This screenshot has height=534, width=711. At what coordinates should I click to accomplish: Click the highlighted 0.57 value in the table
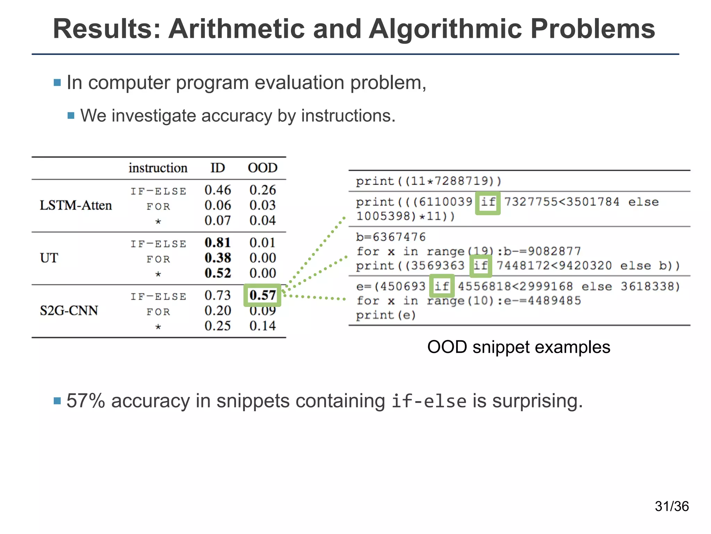click(x=262, y=295)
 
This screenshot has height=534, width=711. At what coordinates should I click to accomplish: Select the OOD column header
click(x=262, y=168)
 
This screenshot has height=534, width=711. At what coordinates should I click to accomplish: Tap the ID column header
click(x=218, y=168)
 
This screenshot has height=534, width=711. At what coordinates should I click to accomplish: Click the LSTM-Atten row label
click(x=76, y=205)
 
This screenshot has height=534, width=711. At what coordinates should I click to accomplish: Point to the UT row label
click(x=49, y=258)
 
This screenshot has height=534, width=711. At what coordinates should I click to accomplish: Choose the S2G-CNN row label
click(x=69, y=310)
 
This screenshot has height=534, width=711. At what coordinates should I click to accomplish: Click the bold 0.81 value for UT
click(x=218, y=243)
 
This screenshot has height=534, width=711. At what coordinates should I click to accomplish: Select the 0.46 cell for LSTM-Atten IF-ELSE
click(x=218, y=190)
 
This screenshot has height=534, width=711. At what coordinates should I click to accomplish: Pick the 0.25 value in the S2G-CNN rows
click(x=218, y=326)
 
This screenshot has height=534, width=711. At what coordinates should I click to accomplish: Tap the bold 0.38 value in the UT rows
click(x=218, y=258)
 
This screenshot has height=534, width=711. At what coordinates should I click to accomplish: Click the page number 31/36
click(x=672, y=507)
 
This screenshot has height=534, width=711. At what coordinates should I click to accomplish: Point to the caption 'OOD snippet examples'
click(x=519, y=347)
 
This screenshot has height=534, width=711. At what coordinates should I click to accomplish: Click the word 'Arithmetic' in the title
click(x=236, y=29)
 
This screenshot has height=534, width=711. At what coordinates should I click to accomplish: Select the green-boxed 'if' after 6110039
click(x=488, y=202)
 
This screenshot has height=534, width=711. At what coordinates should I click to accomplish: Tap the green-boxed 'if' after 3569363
click(x=481, y=266)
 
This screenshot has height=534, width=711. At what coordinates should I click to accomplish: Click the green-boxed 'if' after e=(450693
click(x=442, y=286)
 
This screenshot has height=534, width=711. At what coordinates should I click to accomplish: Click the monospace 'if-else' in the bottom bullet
click(x=429, y=402)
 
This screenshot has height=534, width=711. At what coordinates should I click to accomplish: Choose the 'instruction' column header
click(x=158, y=168)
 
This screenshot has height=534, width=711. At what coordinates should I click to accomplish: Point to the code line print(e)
click(x=386, y=315)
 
